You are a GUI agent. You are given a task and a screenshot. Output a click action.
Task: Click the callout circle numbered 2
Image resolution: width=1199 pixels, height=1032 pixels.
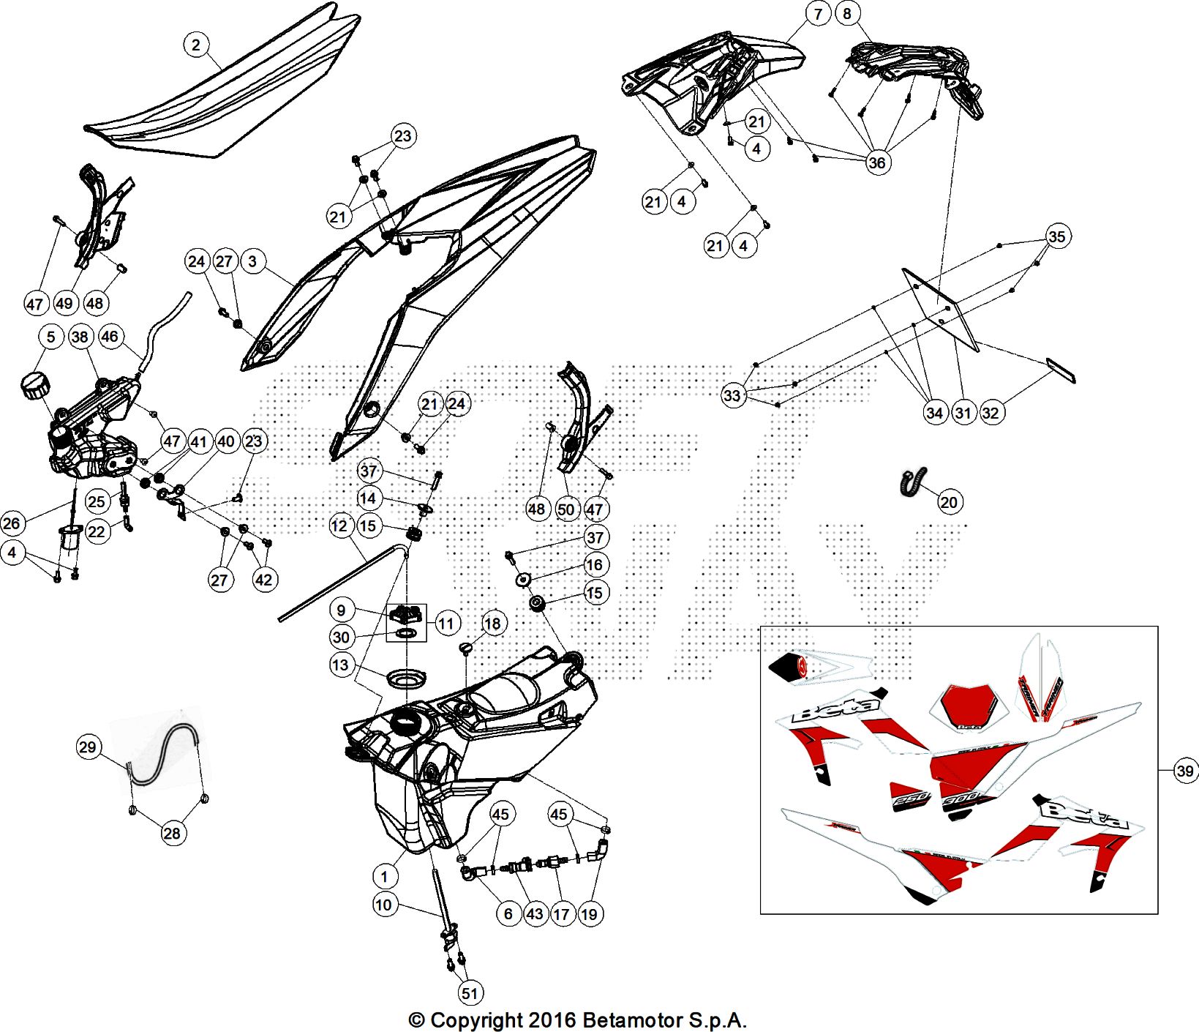point(195,45)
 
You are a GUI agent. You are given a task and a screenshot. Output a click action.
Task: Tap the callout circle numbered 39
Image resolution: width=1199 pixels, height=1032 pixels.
point(1185,771)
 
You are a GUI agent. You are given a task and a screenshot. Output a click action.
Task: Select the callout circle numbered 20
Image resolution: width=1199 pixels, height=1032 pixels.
point(949,502)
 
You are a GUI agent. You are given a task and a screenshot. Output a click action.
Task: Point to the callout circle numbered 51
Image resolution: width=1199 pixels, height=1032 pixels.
point(470,993)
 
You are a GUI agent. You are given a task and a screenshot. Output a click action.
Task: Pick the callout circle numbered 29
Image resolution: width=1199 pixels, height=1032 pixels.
point(88,747)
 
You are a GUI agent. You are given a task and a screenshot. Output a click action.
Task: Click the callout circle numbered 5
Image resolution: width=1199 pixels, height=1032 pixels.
point(50,337)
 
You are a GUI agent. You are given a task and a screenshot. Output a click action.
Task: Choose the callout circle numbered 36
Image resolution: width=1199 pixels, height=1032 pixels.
point(876,162)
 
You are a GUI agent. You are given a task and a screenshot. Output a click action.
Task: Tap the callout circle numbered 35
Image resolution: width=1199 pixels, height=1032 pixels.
point(1056,236)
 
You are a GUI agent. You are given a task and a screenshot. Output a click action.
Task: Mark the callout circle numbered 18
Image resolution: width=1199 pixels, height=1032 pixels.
point(493,623)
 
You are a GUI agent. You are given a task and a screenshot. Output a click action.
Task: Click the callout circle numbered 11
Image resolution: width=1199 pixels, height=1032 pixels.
point(446,624)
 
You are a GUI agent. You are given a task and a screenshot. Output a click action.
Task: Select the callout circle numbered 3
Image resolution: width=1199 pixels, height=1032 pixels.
point(252,261)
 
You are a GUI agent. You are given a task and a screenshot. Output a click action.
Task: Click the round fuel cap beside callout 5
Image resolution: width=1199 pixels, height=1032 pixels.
point(34,384)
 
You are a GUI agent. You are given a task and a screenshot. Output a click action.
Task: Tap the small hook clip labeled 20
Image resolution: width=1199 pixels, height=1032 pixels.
point(912,482)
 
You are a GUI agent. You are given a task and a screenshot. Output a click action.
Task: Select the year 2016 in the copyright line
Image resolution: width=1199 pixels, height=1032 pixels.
point(552,1020)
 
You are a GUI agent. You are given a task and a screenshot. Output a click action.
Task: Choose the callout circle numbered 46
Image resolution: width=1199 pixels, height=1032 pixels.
point(109,337)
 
